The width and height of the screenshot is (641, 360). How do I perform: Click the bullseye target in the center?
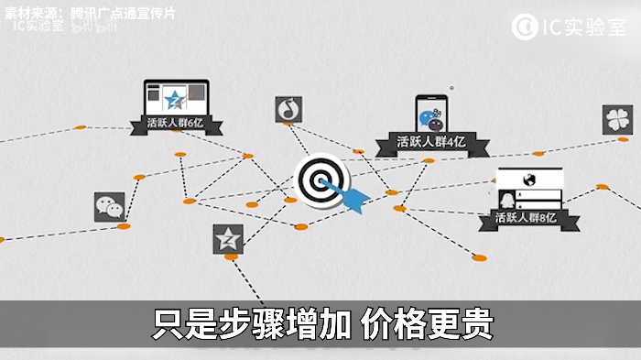point(321,180)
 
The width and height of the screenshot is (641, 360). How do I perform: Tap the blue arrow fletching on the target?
point(355,200)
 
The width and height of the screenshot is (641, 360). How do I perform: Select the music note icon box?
point(288,109)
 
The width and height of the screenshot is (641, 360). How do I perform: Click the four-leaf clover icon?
point(617,120)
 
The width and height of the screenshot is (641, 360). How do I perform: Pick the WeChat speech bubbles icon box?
point(110,207)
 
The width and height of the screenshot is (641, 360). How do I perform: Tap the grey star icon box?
point(228,239)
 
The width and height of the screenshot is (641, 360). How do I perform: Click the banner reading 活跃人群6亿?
point(176,124)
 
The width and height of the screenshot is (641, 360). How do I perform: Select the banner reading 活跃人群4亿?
point(431,143)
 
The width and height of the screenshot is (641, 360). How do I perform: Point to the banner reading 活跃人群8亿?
point(528,218)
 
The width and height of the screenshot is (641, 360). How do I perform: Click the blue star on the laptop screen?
point(175,100)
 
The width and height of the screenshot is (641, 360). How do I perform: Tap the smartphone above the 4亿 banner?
point(431,115)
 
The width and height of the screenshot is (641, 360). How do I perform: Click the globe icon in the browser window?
point(529,180)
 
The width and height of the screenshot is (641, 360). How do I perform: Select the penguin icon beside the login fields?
point(507,200)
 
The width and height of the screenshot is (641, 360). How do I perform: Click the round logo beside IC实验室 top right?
point(525,27)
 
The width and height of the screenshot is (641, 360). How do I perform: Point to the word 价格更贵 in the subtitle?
point(428,324)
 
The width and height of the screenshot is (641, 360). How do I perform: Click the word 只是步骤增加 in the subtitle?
point(252,324)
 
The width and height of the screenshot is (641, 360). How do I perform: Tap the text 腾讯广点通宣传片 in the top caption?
point(123,13)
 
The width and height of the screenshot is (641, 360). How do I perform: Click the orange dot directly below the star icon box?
point(231,256)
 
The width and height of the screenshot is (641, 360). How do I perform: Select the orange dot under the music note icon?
point(288,123)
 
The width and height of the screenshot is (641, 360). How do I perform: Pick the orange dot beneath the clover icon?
point(623,139)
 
